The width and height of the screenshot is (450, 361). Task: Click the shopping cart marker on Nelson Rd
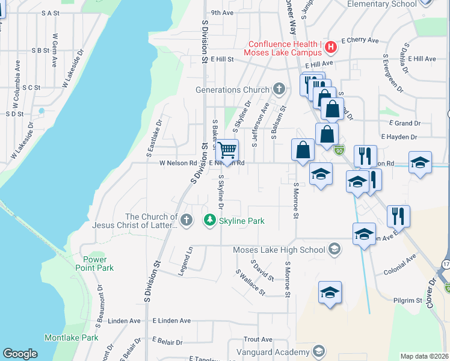[227, 149]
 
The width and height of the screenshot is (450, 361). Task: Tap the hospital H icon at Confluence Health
[329, 46]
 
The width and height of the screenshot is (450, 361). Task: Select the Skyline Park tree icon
[209, 221]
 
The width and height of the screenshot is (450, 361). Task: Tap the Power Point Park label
[94, 264]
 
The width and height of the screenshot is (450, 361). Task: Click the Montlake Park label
[72, 338]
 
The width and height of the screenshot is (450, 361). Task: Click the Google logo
[20, 354]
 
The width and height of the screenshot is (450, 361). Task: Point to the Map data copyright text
[424, 356]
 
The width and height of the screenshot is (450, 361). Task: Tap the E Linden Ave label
[171, 321]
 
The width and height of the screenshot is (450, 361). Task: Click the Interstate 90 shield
[340, 149]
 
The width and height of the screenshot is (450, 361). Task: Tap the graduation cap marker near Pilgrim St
[330, 292]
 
